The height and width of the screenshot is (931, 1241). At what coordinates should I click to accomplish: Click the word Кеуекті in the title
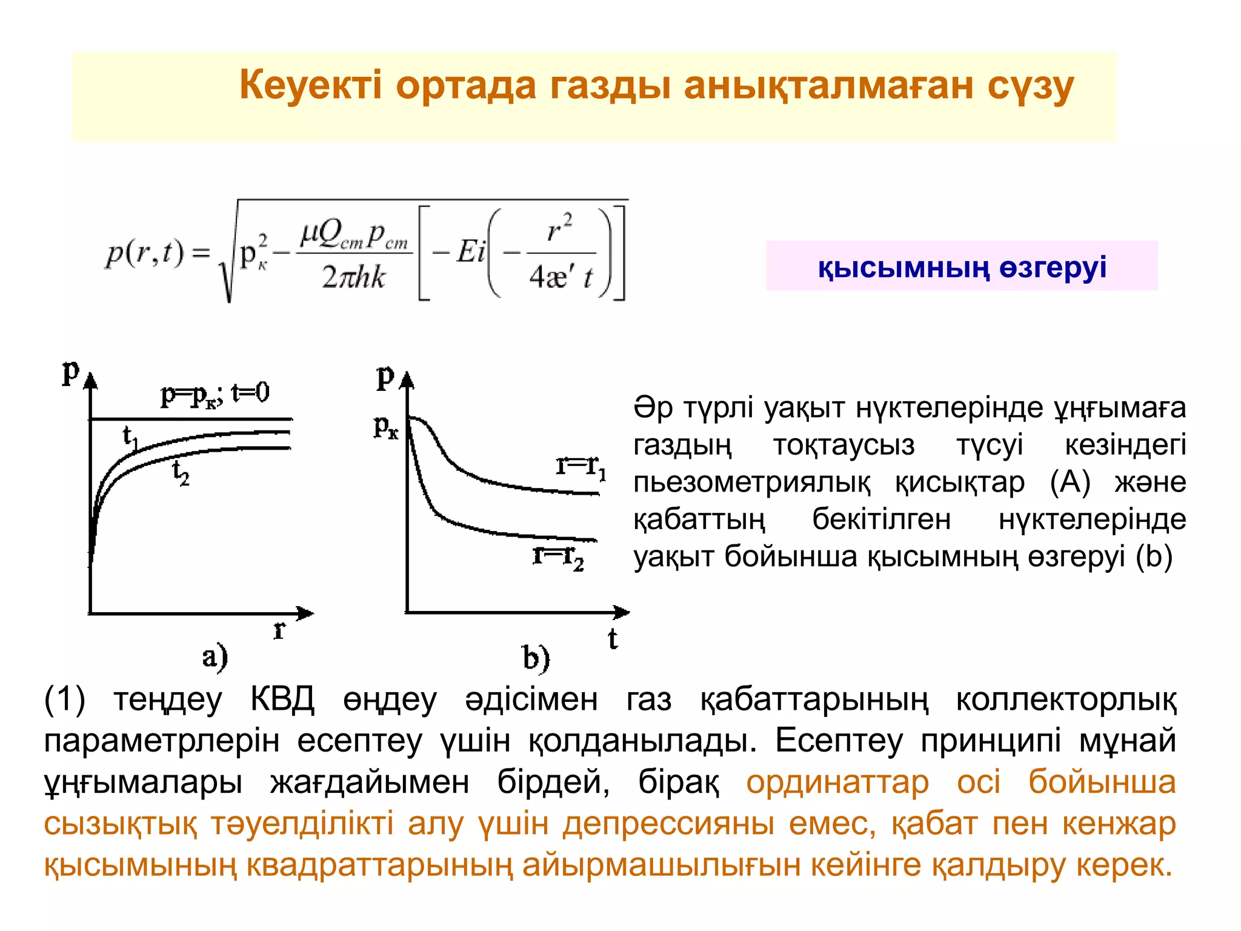[310, 85]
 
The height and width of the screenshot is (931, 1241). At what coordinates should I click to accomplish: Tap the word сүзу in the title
[1030, 86]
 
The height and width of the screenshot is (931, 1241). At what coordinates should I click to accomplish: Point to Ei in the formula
[471, 251]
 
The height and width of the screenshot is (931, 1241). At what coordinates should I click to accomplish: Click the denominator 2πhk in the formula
[354, 278]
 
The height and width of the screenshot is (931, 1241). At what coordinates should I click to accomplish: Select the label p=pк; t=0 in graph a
[215, 394]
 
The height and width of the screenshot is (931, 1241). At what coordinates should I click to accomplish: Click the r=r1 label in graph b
[581, 467]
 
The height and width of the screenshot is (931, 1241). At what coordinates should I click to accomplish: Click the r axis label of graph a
[279, 630]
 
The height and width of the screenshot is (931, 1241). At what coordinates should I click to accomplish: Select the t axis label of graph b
[613, 638]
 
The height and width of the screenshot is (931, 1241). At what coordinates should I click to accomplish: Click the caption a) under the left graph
[215, 657]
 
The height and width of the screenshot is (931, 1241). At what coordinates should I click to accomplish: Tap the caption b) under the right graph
[536, 658]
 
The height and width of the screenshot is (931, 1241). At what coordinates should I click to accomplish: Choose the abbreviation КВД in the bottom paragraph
[282, 700]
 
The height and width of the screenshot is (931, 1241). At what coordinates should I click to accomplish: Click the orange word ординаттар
[837, 782]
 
